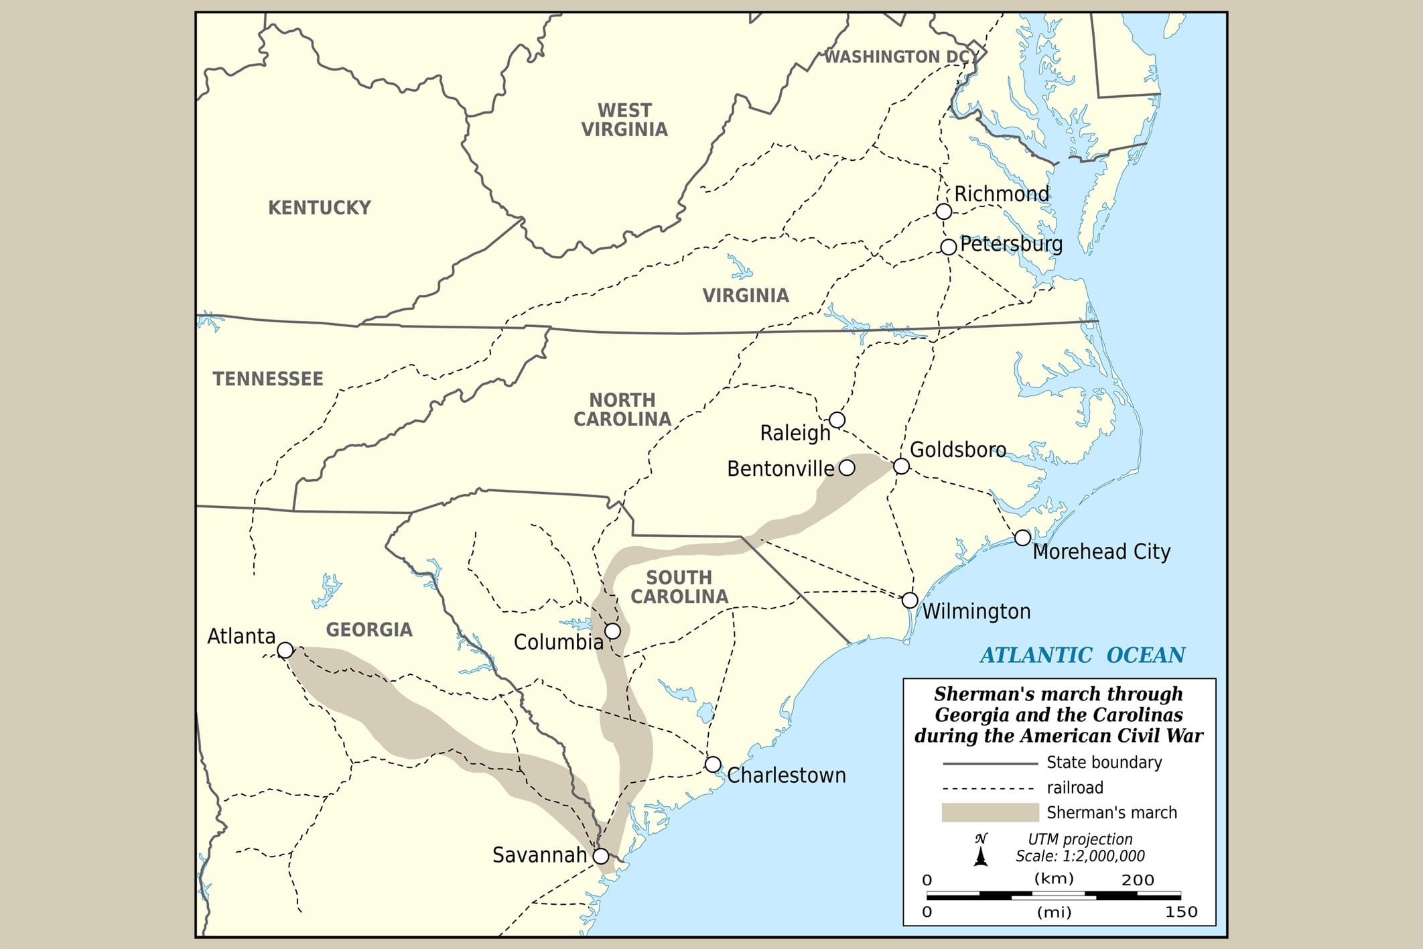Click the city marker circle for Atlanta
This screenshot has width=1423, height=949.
click(285, 650)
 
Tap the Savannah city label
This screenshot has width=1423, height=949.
click(539, 855)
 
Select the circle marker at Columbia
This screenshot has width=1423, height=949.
click(612, 631)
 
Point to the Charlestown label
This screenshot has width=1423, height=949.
click(786, 775)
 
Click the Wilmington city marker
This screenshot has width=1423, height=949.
click(909, 600)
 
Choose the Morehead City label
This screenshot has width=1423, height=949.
click(1101, 552)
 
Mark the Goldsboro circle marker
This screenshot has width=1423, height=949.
click(901, 466)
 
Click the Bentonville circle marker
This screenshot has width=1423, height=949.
click(847, 468)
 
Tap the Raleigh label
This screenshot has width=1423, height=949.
click(795, 433)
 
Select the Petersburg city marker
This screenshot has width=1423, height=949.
click(948, 247)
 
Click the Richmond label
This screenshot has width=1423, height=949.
click(1001, 194)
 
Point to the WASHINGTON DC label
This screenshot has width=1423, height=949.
click(896, 57)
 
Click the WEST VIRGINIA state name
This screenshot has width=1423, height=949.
click(624, 119)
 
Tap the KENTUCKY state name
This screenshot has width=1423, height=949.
click(319, 208)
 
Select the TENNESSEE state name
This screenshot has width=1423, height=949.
click(268, 379)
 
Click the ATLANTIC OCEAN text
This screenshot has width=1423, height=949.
click(1082, 655)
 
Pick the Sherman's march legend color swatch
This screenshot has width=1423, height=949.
click(990, 812)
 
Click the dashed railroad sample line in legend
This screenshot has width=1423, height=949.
click(990, 787)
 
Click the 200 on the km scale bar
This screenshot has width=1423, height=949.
click(1138, 880)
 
